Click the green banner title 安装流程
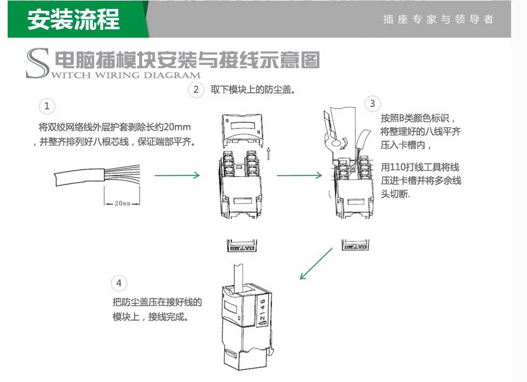click(x=73, y=19)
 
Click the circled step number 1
click(x=47, y=106)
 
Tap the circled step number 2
click(x=196, y=90)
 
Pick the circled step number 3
click(x=372, y=103)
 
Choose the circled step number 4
click(x=119, y=283)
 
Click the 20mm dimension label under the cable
click(x=122, y=204)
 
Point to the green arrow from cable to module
click(x=178, y=175)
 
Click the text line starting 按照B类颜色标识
click(x=418, y=118)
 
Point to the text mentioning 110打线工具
click(x=421, y=167)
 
